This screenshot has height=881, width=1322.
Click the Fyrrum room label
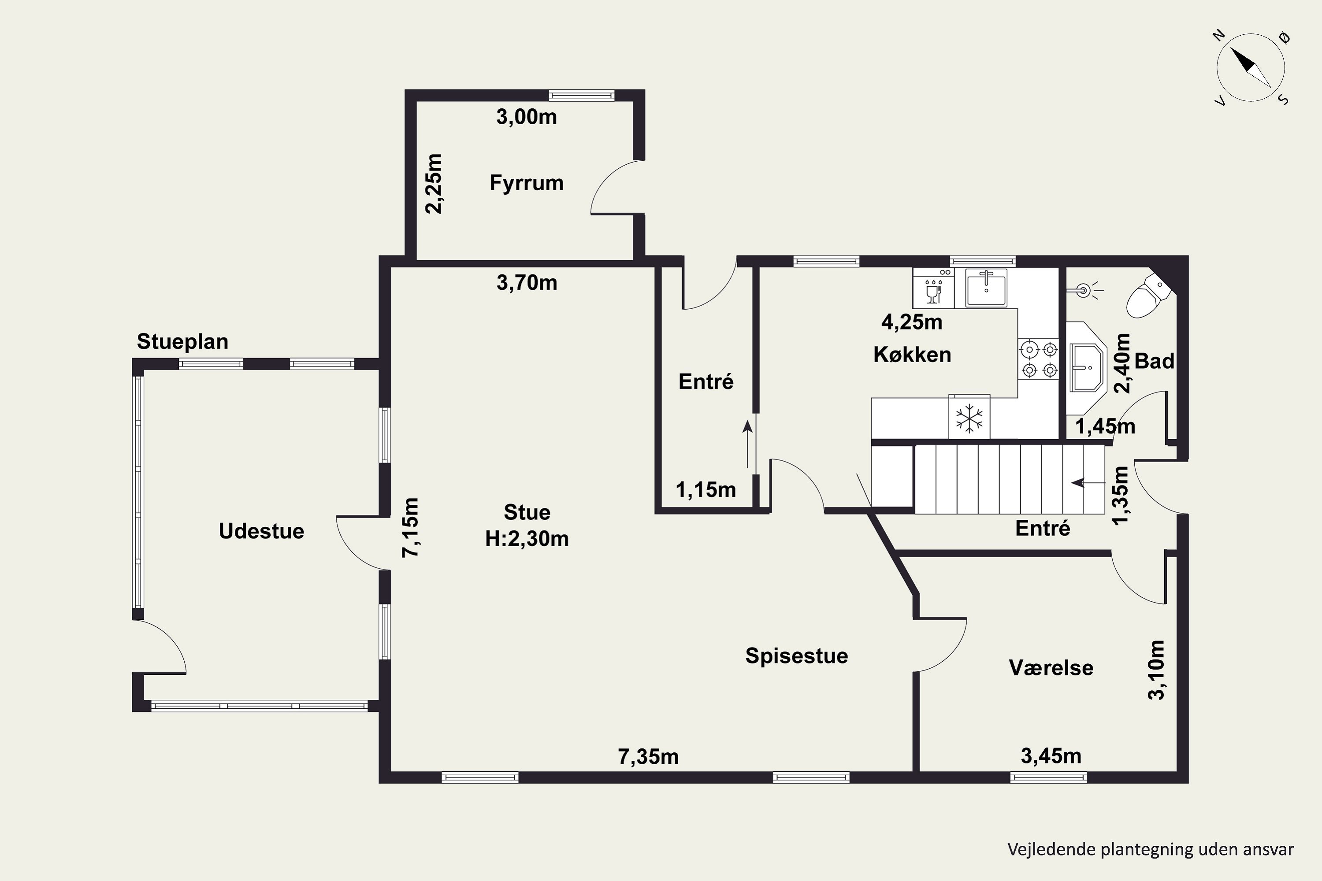[526, 183]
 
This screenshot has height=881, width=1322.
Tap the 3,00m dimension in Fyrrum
[526, 117]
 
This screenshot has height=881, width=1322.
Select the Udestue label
[261, 531]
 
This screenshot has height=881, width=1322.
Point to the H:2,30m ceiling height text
[527, 539]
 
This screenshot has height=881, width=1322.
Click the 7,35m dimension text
[648, 757]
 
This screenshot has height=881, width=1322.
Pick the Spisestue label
[796, 656]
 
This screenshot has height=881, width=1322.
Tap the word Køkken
[912, 355]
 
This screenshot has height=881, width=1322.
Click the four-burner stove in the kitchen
[1039, 360]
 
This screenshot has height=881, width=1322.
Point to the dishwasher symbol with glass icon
[934, 288]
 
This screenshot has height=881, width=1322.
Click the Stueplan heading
[183, 342]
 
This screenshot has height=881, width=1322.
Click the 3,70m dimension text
[527, 283]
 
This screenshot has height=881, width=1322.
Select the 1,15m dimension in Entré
[706, 490]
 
